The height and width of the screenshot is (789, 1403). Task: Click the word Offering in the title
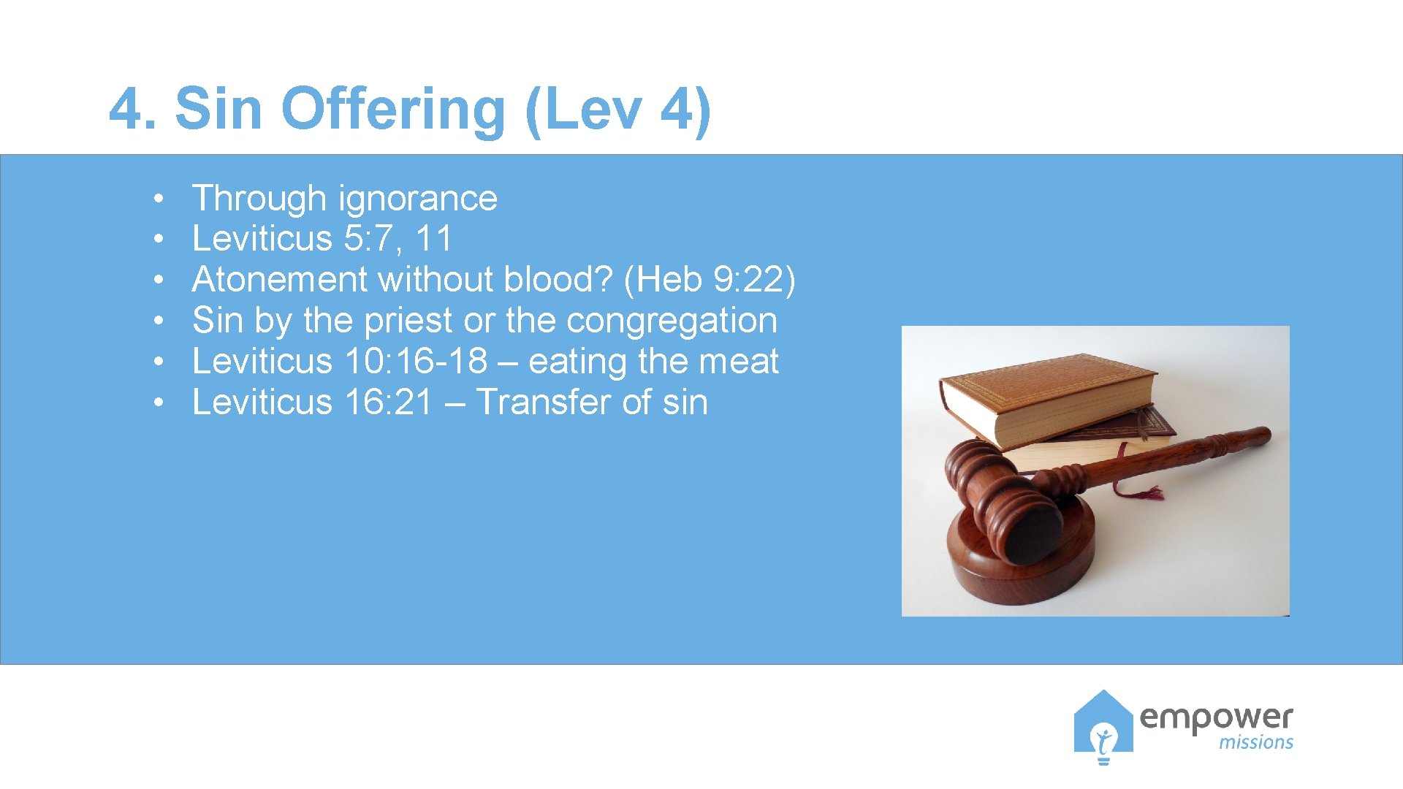point(393,110)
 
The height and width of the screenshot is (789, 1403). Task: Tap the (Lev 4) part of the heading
point(618,110)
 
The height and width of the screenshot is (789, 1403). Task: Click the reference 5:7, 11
point(398,239)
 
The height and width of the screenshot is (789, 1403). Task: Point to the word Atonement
point(280,280)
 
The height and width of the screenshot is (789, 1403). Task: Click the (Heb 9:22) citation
point(710,280)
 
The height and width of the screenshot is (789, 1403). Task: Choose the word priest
point(408,321)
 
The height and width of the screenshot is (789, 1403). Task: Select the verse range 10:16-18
point(416,362)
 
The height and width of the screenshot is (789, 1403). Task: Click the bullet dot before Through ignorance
point(158,199)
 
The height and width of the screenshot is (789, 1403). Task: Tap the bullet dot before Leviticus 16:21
point(158,403)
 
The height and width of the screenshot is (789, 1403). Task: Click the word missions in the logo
point(1255,743)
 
